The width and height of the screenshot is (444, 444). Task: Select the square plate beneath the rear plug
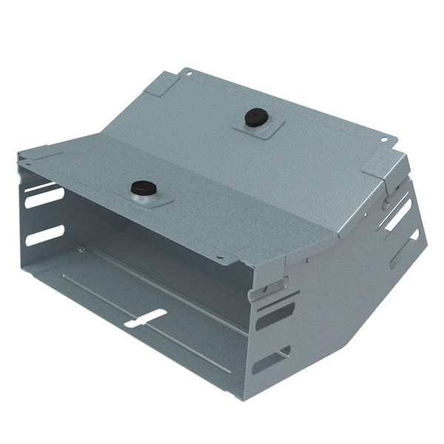(x=255, y=127)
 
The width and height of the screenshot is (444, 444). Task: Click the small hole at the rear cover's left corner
(x=188, y=73)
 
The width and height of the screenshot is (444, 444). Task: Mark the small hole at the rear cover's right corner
(x=385, y=138)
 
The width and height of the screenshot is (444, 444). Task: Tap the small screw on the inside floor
(x=79, y=249)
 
